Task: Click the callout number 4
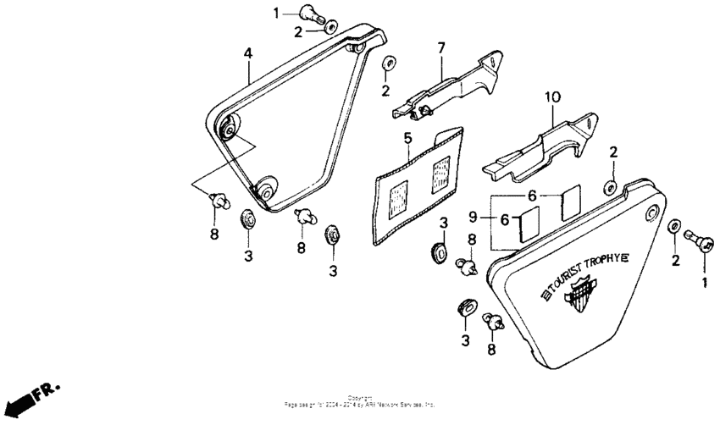point(248,53)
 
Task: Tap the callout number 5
point(407,137)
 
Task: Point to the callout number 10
point(551,97)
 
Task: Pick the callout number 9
point(474,218)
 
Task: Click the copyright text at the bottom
point(360,402)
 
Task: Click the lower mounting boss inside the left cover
point(266,191)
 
